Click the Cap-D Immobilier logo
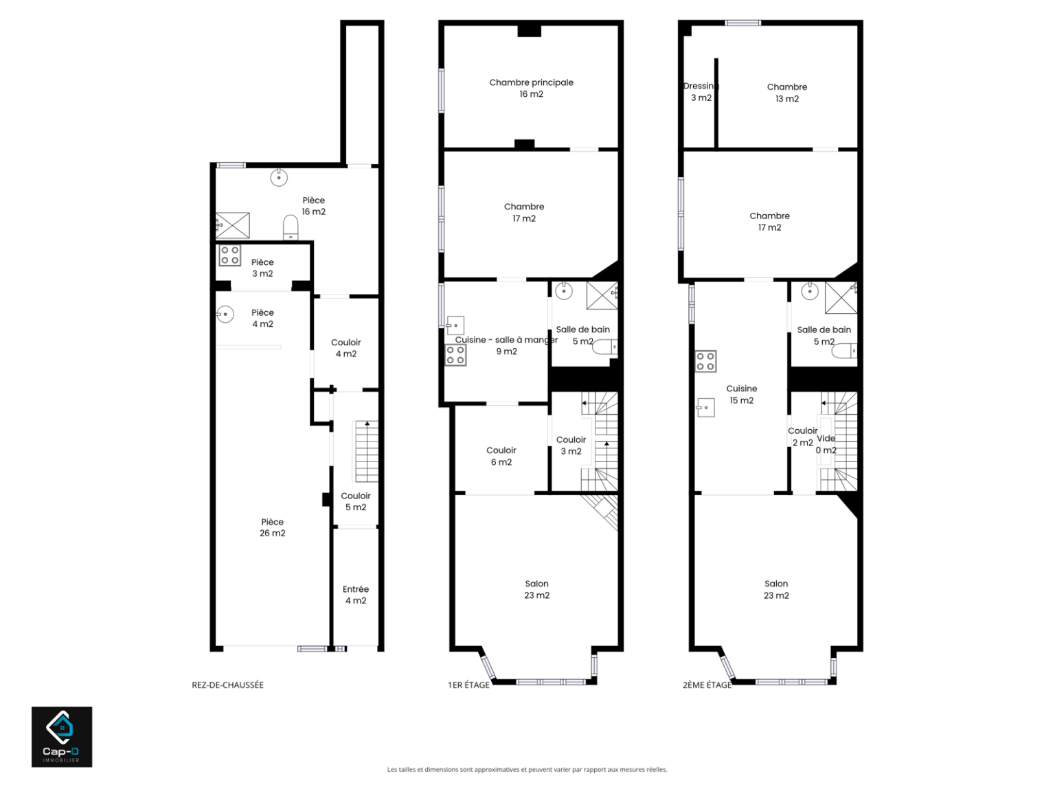62,736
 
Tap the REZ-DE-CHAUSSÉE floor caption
227,685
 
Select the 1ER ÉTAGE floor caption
468,685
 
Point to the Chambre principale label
531,82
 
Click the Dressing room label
701,86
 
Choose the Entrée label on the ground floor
356,589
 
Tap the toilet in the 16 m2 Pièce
291,227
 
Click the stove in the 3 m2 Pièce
229,255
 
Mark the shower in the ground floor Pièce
233,225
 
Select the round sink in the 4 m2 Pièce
225,314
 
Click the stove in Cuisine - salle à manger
455,356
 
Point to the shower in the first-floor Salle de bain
602,295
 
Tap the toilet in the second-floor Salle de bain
844,351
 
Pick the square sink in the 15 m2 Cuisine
705,408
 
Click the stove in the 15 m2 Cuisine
705,361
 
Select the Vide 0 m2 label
826,444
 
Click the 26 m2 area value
273,533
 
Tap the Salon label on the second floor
776,584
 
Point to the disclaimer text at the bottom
527,769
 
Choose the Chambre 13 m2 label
787,93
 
